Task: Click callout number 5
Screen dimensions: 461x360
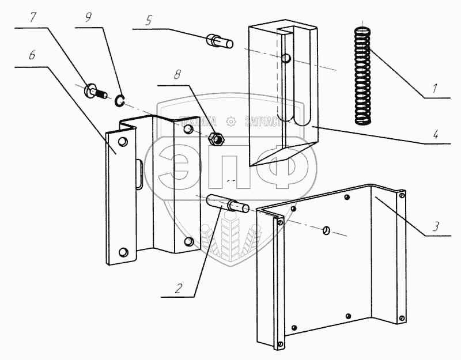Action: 149,21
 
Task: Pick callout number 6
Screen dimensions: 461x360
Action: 32,56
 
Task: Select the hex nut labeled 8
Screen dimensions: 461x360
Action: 217,139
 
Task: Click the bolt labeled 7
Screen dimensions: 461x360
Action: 95,91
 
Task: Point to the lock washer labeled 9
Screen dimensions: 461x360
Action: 120,101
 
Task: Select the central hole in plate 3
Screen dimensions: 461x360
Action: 326,230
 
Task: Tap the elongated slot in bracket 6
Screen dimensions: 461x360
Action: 140,173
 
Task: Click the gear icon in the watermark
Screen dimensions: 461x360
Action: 231,121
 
